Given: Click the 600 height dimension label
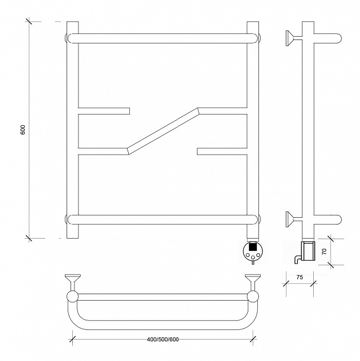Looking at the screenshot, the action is pos(23,130).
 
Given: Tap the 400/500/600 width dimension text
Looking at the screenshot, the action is pos(163,340).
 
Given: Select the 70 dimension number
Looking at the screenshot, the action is pos(324,252).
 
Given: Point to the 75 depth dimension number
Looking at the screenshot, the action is pos(300,277).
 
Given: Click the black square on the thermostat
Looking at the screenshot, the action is pos(253,247).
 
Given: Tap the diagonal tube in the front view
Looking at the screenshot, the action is pos(163,131).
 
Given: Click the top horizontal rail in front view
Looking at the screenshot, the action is pos(163,38).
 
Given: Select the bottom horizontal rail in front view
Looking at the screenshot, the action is pos(163,219).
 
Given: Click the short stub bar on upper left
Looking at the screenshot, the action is pos(104,111).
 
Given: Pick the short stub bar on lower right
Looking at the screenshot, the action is pos(222,151).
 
